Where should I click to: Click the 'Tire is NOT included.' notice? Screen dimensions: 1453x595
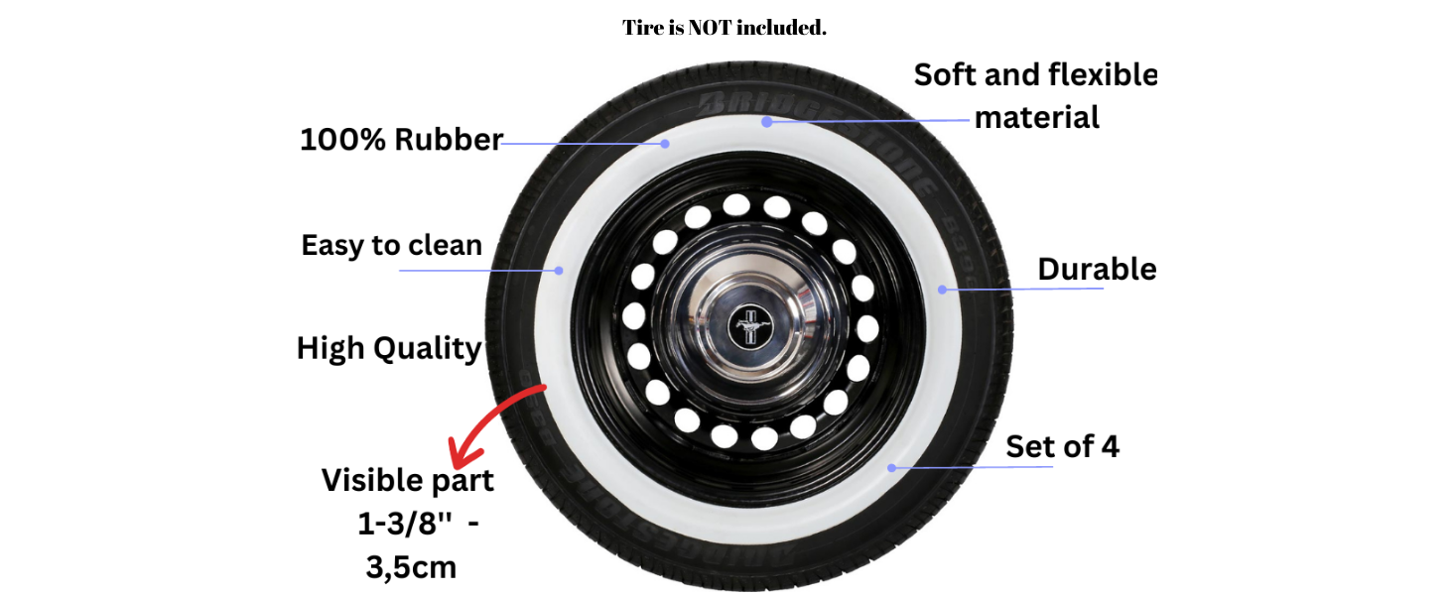(x=725, y=27)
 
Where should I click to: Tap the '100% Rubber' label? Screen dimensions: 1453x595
(x=402, y=140)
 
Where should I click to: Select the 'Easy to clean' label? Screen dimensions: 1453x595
(x=392, y=246)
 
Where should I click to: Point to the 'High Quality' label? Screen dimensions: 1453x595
(x=389, y=349)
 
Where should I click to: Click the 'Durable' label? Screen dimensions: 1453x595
(x=1097, y=269)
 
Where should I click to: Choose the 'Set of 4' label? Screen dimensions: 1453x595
(x=1063, y=446)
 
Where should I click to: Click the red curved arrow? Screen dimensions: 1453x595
(x=496, y=424)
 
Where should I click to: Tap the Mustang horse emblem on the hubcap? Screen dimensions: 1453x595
(x=750, y=327)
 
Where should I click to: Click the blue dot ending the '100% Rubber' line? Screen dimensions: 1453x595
(x=665, y=144)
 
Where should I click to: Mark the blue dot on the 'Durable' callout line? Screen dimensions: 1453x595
(x=943, y=290)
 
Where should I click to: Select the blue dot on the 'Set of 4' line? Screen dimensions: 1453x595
(x=892, y=468)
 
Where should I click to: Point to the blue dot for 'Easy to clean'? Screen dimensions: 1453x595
(x=559, y=271)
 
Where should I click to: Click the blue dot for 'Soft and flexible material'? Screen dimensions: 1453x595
(x=767, y=122)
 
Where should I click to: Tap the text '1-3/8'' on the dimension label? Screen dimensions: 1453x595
(x=404, y=524)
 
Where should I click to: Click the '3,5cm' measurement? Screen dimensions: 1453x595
(x=411, y=568)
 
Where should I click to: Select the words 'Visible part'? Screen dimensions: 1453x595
(x=407, y=481)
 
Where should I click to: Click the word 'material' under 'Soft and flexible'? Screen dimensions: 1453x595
(x=1036, y=118)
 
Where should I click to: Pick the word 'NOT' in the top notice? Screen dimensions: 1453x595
(x=710, y=27)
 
